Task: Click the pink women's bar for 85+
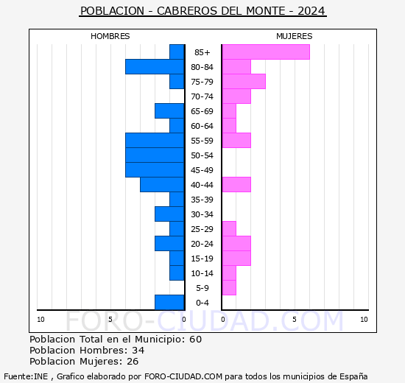tap(265, 52)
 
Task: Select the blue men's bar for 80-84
tap(155, 66)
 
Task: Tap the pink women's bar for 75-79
tap(243, 81)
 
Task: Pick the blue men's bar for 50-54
tap(155, 155)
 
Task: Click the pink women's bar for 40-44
tap(236, 184)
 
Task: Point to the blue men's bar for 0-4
tap(169, 302)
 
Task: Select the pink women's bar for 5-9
tap(228, 287)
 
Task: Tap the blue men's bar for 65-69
tap(169, 110)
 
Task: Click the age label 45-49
tap(202, 170)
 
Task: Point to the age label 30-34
tap(202, 214)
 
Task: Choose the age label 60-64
tap(202, 126)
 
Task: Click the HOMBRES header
tap(110, 36)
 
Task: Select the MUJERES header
tap(295, 36)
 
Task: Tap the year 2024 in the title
tap(312, 12)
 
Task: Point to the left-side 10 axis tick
tap(40, 319)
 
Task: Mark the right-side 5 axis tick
tap(294, 319)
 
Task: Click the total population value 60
tap(194, 340)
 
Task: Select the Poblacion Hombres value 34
tap(138, 351)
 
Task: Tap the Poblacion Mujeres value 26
tap(133, 362)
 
